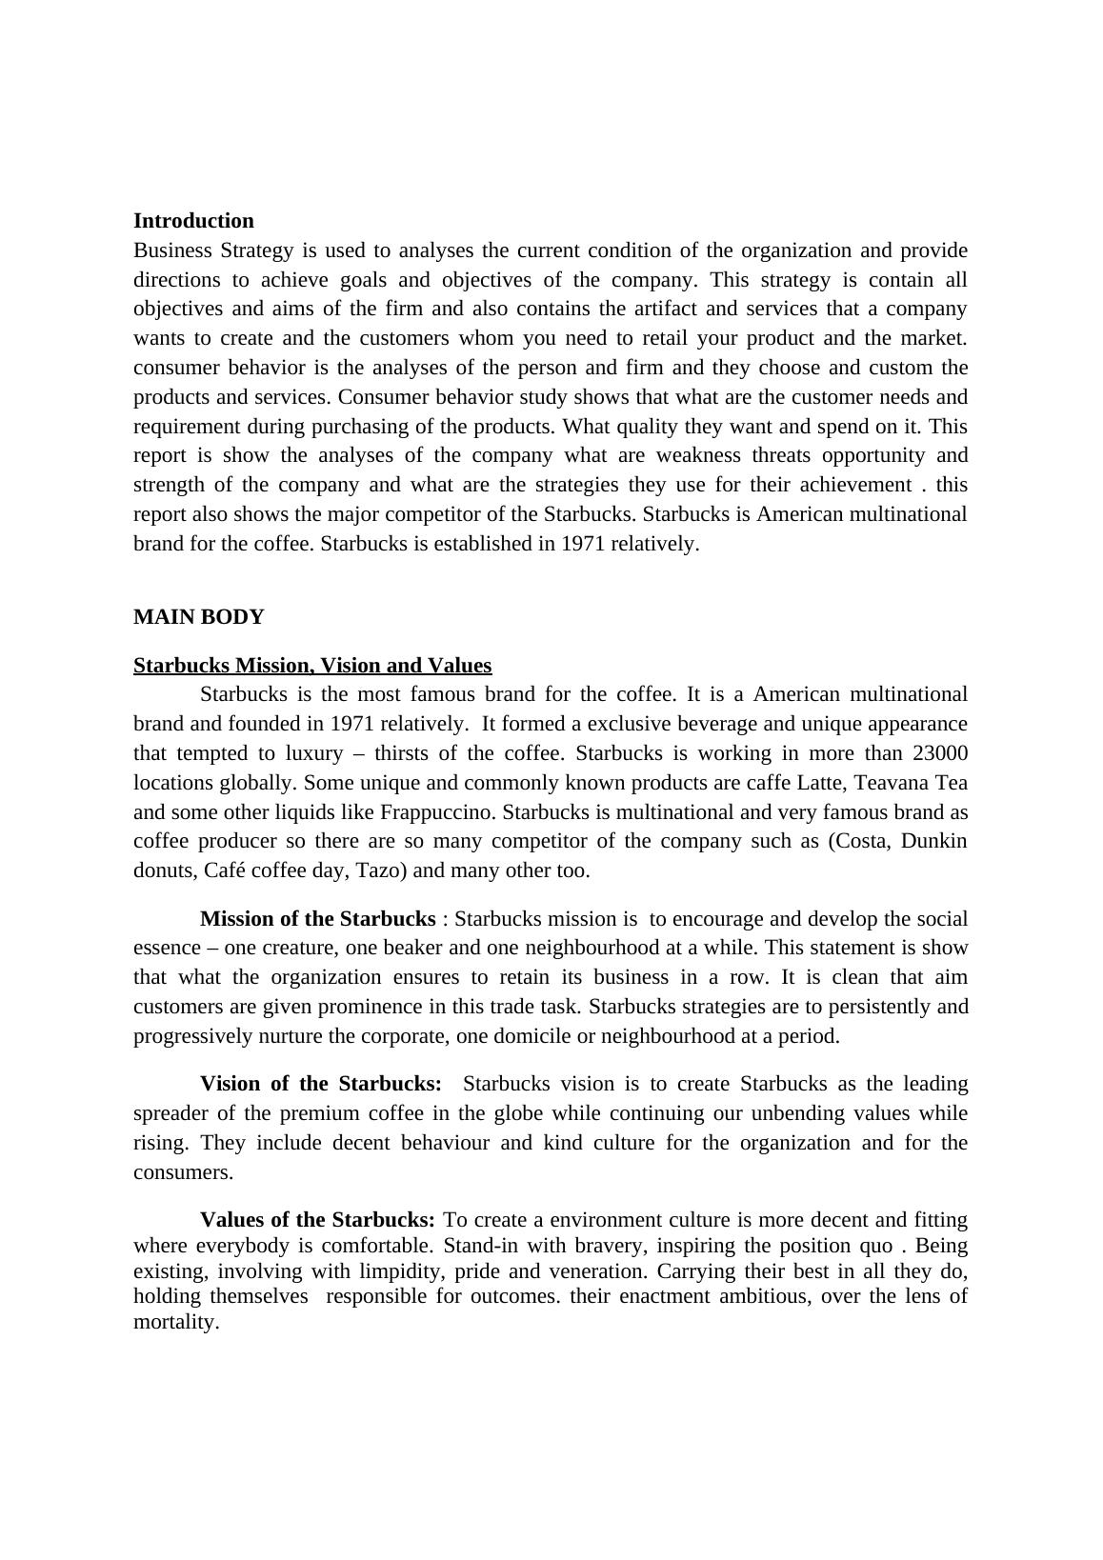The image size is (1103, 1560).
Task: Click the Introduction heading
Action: point(193,221)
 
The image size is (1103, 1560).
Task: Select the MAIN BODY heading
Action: point(198,617)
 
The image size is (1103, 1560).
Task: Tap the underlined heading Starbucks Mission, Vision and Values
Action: point(312,665)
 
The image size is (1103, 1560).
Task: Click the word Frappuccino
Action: point(437,812)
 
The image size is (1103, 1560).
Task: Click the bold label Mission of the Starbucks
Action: point(318,919)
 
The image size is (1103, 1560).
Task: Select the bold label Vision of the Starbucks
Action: point(321,1084)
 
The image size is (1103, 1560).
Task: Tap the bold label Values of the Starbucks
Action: point(318,1220)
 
